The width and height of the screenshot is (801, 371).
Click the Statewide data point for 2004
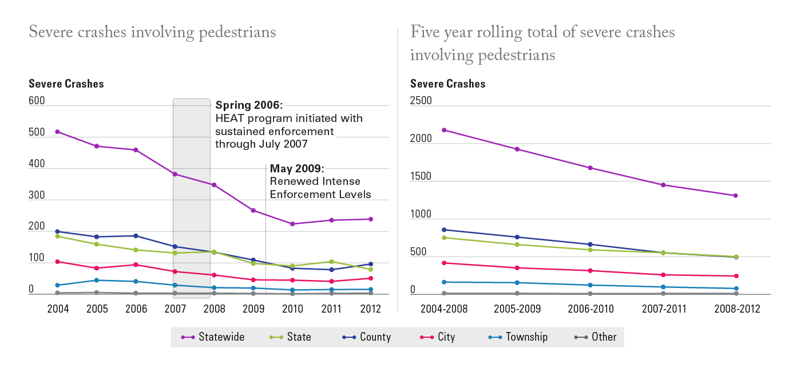(58, 132)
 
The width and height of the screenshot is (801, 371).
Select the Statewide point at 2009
(253, 210)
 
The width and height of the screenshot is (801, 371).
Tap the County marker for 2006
(136, 236)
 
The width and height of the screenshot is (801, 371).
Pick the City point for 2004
(58, 262)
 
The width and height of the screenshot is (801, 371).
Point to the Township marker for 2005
(97, 280)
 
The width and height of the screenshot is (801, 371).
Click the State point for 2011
(331, 262)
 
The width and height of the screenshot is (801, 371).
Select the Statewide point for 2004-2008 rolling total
(444, 130)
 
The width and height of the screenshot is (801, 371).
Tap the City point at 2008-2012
(736, 276)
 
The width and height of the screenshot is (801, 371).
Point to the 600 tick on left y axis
(37, 101)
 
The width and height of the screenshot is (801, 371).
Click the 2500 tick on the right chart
(421, 101)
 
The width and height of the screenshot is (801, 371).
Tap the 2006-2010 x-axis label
(590, 309)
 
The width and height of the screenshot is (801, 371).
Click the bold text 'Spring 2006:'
(249, 106)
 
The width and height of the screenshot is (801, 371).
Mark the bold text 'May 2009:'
(297, 169)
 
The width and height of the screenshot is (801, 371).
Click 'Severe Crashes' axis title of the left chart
(66, 84)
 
